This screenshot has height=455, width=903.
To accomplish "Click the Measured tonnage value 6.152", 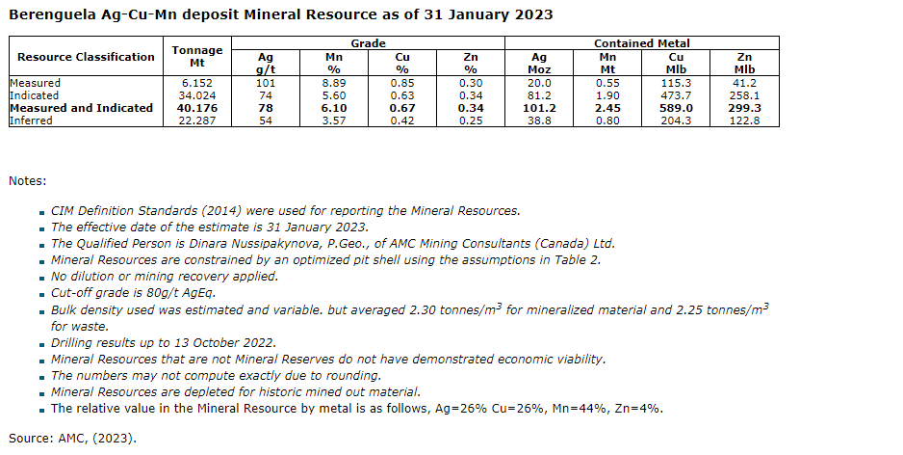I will [196, 83].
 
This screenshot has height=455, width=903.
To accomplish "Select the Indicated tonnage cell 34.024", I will [196, 95].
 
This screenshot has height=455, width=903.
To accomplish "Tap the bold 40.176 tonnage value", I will [196, 108].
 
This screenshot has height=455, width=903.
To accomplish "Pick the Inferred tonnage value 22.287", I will [196, 120].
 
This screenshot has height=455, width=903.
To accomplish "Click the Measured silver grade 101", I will [266, 83].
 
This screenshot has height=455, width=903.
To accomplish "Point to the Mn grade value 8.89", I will [334, 83].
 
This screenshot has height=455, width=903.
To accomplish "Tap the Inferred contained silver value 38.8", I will [539, 120].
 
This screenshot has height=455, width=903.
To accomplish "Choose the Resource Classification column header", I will [86, 57].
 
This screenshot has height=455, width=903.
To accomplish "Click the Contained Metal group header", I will [641, 43].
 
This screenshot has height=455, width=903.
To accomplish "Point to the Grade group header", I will [368, 43].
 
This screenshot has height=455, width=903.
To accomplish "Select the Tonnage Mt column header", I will [196, 57].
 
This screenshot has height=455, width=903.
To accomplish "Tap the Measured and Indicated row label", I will [82, 108].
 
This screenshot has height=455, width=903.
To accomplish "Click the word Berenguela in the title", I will [52, 14].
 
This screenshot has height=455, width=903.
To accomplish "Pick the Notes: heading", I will [28, 180].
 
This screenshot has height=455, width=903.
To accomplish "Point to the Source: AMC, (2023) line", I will [73, 438].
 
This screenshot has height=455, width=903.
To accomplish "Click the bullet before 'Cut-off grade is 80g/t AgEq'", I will [42, 294].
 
